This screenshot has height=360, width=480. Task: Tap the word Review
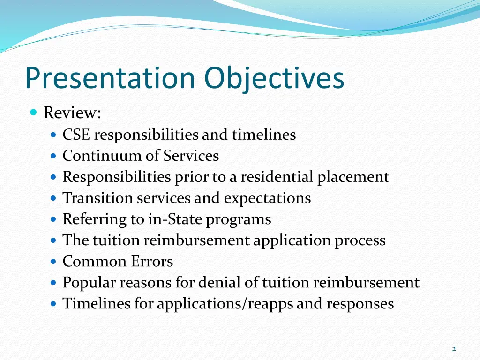(72, 113)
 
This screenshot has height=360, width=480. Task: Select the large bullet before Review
(33, 112)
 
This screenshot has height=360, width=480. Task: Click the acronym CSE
(76, 135)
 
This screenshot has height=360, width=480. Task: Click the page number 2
(454, 349)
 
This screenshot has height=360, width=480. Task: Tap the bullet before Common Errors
(53, 261)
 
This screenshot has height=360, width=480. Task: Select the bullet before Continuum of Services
(53, 156)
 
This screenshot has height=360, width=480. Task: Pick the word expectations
(267, 198)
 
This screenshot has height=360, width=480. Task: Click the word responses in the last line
(360, 304)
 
